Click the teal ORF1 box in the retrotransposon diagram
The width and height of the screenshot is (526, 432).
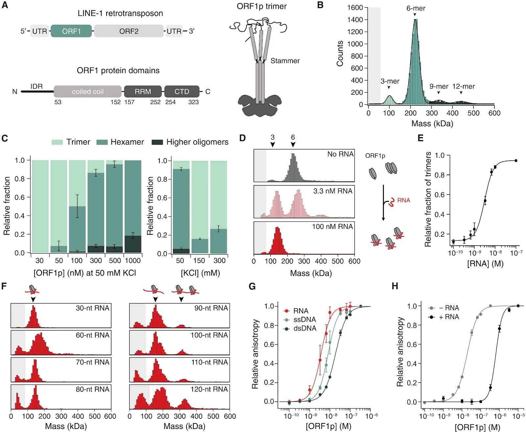click(x=71, y=31)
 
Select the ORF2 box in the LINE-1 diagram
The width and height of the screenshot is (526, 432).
click(x=129, y=31)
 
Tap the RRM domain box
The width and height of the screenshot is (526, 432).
click(x=143, y=92)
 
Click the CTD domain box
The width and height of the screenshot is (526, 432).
click(x=182, y=92)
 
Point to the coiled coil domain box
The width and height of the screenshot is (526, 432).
click(x=87, y=92)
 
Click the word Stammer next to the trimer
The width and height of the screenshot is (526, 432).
click(x=285, y=61)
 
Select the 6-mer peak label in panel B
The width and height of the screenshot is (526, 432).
click(x=416, y=8)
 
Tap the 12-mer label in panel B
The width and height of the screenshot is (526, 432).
click(x=463, y=86)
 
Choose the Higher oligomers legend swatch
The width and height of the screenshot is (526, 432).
click(x=157, y=142)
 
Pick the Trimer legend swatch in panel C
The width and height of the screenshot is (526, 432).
click(x=57, y=142)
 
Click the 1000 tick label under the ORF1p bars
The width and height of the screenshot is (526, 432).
click(x=133, y=261)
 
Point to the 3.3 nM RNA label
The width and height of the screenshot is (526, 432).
click(x=333, y=191)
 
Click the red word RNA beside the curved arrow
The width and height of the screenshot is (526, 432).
click(x=403, y=200)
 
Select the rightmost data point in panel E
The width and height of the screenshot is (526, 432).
click(x=516, y=161)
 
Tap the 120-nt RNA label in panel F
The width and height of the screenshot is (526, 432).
click(x=209, y=389)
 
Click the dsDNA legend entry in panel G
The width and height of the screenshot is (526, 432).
click(x=305, y=328)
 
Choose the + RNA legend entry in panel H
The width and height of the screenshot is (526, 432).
click(x=449, y=317)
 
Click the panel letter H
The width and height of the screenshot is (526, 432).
click(x=395, y=286)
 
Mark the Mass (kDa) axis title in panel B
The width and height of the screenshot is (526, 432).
click(x=432, y=123)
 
